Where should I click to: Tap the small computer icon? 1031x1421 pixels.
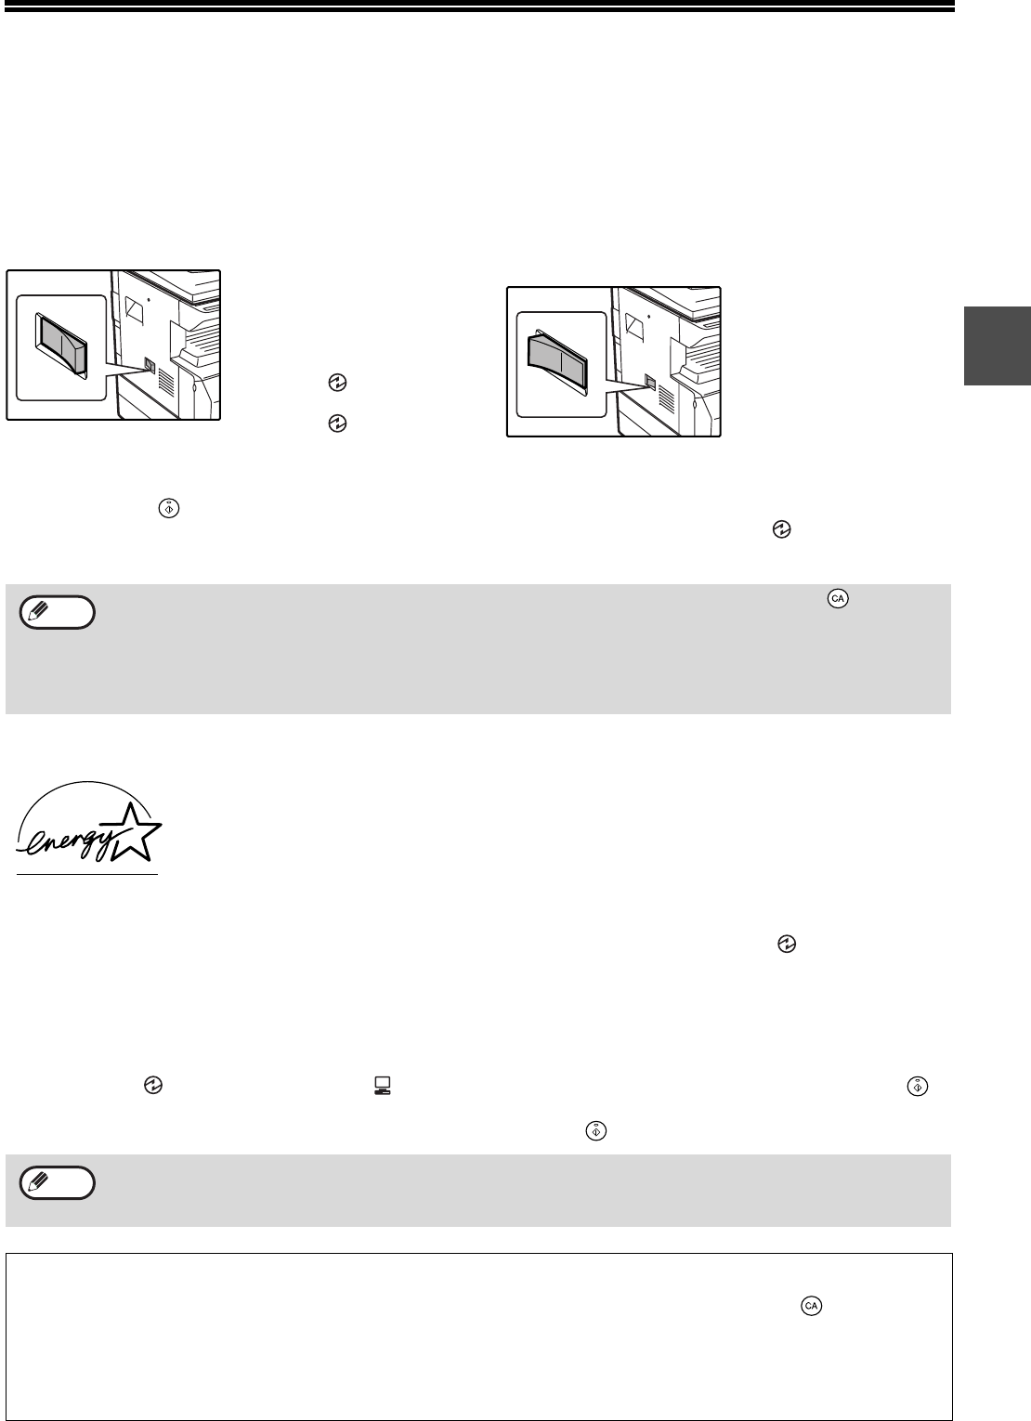click(x=382, y=1086)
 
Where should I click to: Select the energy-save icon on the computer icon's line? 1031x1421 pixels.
click(x=153, y=1086)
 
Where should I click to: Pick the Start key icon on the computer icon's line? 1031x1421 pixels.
click(x=918, y=1087)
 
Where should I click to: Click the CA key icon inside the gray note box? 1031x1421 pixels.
click(x=838, y=599)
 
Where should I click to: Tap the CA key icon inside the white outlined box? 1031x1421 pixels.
click(x=811, y=1306)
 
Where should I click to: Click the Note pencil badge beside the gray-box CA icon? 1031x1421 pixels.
click(x=57, y=613)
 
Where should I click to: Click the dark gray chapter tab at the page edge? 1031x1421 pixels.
click(x=998, y=345)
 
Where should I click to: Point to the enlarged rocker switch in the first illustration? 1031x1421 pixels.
click(x=61, y=345)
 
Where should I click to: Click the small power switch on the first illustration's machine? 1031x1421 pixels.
click(x=150, y=365)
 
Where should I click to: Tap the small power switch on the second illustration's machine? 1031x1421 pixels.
click(x=650, y=382)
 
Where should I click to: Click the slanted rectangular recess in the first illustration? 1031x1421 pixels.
click(x=135, y=309)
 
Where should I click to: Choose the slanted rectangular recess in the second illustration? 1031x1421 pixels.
click(x=635, y=325)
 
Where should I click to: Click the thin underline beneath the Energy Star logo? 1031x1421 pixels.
click(x=87, y=875)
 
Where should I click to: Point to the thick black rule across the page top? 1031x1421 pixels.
click(x=477, y=7)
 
